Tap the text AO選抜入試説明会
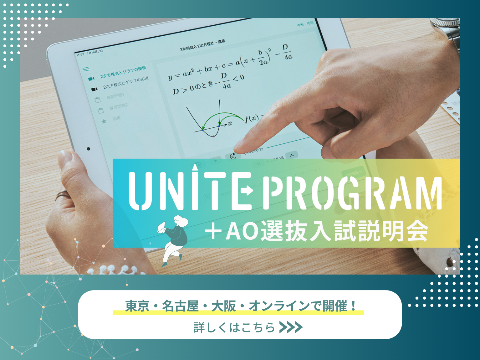pos(327,231)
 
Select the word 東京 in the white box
pos(137,306)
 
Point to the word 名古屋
pos(180,306)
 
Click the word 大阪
pos(223,306)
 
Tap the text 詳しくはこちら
pos(234,327)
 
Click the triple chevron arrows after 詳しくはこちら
pos(291,327)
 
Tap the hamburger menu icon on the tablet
pos(86,69)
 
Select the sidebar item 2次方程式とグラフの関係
pos(123,72)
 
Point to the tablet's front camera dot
pos(88,149)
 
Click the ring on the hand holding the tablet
pos(63,195)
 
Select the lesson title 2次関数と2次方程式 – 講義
pos(202,45)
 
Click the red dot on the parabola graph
pos(213,136)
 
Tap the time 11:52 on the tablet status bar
pos(80,54)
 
